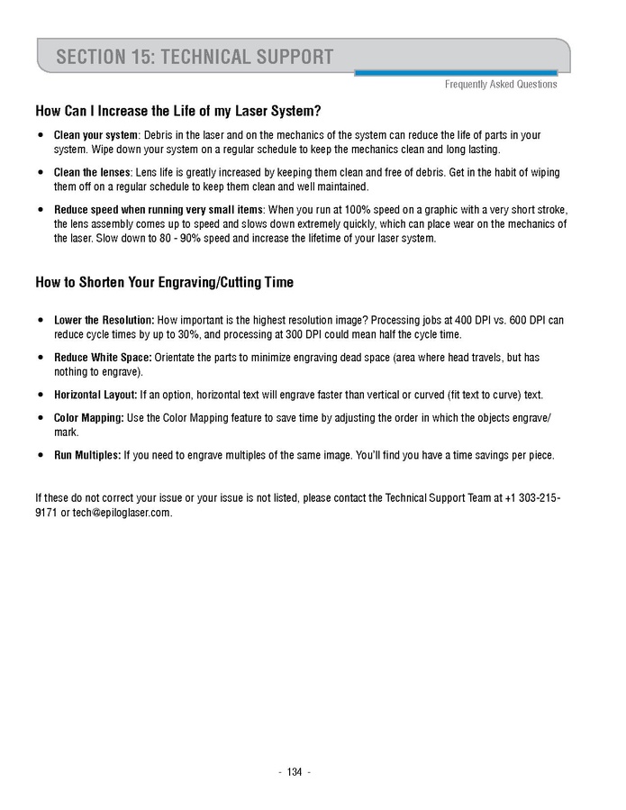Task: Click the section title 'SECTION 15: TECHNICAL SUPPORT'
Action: (195, 58)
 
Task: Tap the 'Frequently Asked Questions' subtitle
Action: (501, 85)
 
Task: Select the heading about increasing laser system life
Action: (178, 112)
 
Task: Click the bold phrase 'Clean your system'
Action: (90, 135)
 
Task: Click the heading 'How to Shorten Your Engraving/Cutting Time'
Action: (164, 282)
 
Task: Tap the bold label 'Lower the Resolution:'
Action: (104, 320)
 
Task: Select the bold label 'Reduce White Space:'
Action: (103, 358)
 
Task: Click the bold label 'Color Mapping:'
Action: (89, 418)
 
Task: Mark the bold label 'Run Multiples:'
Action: (87, 456)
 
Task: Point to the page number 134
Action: (295, 772)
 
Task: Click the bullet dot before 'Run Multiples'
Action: (41, 456)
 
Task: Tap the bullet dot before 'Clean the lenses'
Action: (41, 172)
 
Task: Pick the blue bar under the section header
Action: (456, 73)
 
